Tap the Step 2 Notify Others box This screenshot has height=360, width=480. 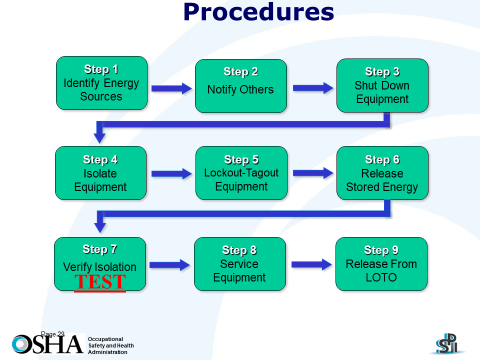point(240,87)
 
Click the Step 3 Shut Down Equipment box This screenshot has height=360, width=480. point(382,85)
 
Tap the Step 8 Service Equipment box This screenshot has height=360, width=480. point(240,264)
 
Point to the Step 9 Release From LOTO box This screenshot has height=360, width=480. point(382,264)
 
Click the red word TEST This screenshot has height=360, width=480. point(100,283)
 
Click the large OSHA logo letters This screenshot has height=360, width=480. point(47,341)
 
